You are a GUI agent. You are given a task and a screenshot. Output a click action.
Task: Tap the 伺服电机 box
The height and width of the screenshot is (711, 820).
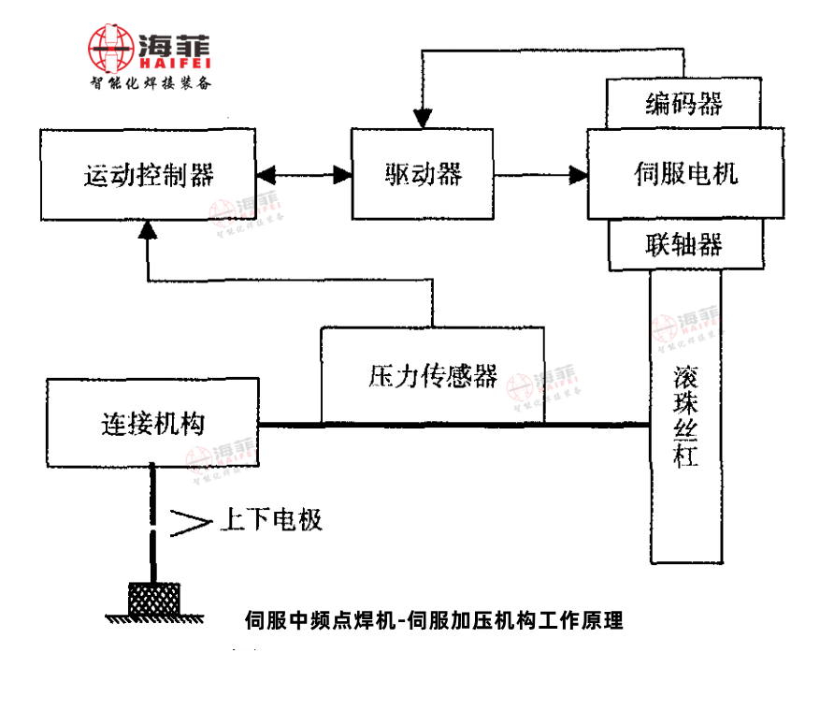(685, 174)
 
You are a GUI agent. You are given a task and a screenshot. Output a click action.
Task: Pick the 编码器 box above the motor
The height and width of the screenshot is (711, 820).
(684, 102)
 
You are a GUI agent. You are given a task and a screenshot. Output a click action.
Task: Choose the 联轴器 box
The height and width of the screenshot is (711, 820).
(684, 245)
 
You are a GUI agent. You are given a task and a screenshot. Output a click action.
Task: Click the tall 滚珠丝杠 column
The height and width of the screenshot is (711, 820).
(685, 416)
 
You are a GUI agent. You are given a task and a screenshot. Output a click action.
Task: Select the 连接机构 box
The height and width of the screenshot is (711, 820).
(151, 423)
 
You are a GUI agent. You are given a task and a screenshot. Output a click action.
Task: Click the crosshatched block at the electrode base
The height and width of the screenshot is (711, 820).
(153, 598)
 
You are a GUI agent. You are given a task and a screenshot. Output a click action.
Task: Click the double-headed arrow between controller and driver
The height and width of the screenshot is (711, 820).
(301, 174)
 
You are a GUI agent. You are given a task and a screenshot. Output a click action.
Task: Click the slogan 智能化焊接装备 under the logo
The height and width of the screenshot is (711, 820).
(151, 83)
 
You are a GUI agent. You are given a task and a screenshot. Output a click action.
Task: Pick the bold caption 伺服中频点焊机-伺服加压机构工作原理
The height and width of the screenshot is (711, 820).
(433, 620)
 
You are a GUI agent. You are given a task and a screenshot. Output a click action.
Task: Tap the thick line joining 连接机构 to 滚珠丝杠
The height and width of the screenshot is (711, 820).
(453, 425)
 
